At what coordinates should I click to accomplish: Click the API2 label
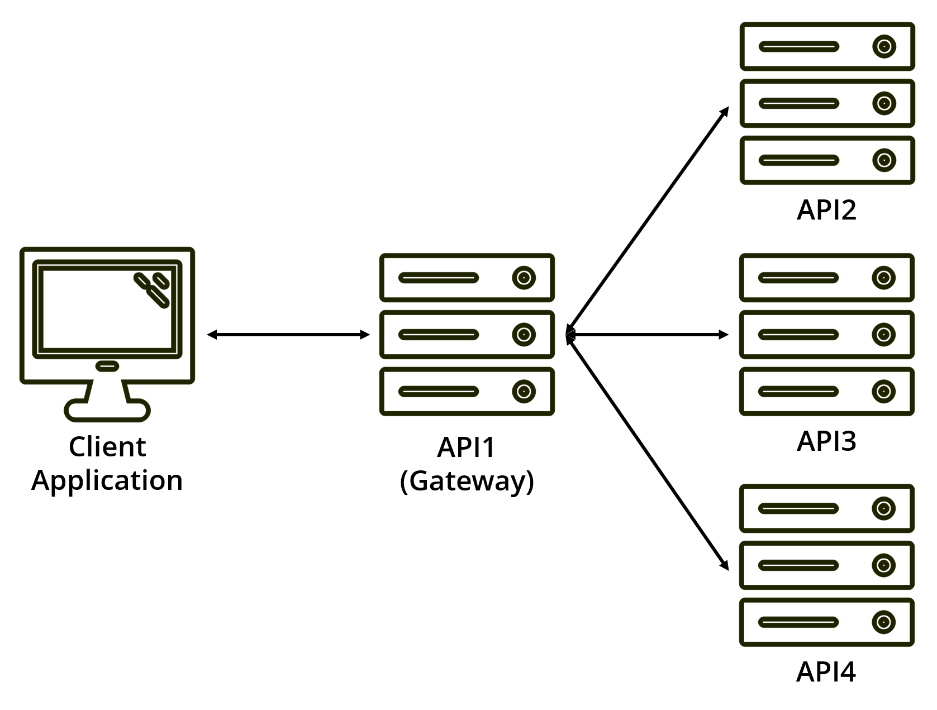pyautogui.click(x=826, y=210)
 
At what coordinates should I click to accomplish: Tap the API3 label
pyautogui.click(x=826, y=441)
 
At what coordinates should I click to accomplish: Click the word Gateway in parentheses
pyautogui.click(x=467, y=481)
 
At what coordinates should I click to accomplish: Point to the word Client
pyautogui.click(x=107, y=447)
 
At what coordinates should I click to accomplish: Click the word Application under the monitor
pyautogui.click(x=107, y=480)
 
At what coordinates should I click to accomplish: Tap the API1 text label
pyautogui.click(x=467, y=447)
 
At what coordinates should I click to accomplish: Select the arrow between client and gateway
pyautogui.click(x=288, y=335)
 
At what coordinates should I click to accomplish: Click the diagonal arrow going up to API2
pyautogui.click(x=648, y=220)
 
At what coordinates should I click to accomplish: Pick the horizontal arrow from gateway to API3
pyautogui.click(x=648, y=335)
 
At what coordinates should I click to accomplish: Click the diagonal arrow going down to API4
pyautogui.click(x=648, y=452)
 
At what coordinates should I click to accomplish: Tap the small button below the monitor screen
pyautogui.click(x=107, y=366)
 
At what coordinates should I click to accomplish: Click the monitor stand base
pyautogui.click(x=107, y=411)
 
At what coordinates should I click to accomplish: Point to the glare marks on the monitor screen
pyautogui.click(x=152, y=289)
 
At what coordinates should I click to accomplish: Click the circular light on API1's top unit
pyautogui.click(x=524, y=278)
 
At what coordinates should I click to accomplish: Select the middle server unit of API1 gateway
pyautogui.click(x=467, y=335)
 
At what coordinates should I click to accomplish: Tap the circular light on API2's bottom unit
pyautogui.click(x=884, y=160)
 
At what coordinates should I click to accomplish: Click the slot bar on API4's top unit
pyautogui.click(x=798, y=508)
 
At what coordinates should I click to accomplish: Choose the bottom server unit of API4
pyautogui.click(x=826, y=622)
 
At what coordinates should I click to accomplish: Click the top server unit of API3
pyautogui.click(x=826, y=278)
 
